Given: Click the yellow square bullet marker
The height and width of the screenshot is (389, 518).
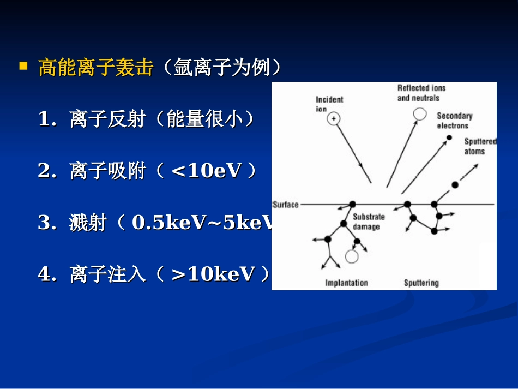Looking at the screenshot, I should tap(23, 67).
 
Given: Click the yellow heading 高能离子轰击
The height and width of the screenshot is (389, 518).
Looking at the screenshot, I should tap(95, 68).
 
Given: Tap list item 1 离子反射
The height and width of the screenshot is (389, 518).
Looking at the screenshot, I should tap(107, 120).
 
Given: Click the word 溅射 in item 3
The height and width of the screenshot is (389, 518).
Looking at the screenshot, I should tap(88, 223).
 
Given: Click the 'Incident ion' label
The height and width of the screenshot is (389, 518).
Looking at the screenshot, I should tap(329, 104).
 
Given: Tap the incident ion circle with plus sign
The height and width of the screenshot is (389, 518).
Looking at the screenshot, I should tap(334, 118).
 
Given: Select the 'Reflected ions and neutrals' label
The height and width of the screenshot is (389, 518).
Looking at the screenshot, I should tap(421, 93).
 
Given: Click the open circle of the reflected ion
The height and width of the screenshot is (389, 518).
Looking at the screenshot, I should tap(419, 113).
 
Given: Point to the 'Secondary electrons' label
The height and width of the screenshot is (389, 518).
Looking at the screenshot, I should tap(454, 121).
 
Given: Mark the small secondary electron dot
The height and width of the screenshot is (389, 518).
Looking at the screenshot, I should tap(449, 137).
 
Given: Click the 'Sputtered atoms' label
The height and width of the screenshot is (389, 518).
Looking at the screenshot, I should tap(479, 146).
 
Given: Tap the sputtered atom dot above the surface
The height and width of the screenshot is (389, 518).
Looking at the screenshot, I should tap(455, 185).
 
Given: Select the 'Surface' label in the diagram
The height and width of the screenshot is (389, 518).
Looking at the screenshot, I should tap(286, 205).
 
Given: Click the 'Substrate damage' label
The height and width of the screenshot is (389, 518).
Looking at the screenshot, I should tap(369, 222).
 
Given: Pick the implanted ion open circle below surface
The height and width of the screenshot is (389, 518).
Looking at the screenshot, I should tap(352, 255).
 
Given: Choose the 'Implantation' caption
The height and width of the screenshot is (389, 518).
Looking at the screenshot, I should tap(346, 283).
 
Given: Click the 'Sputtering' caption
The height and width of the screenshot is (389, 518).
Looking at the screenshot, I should tap(421, 283).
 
